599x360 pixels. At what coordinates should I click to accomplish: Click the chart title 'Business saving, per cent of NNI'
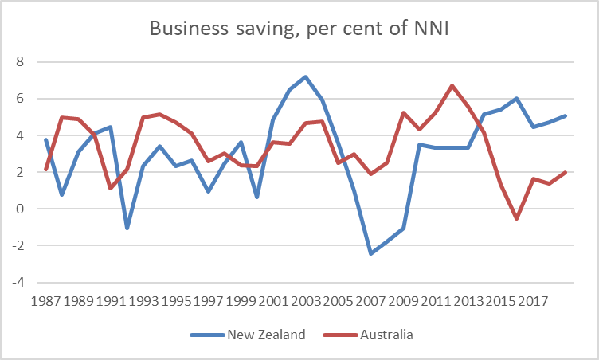pos(299,30)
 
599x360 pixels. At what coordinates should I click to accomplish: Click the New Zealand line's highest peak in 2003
pos(305,77)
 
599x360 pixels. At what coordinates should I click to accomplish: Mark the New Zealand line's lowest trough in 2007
pos(370,253)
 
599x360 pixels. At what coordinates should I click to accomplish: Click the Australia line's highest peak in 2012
pos(452,86)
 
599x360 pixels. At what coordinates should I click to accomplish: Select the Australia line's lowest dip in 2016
pos(516,218)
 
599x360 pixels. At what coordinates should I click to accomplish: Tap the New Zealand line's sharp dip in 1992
pos(127,229)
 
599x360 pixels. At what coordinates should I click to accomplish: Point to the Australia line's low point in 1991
pos(111,188)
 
